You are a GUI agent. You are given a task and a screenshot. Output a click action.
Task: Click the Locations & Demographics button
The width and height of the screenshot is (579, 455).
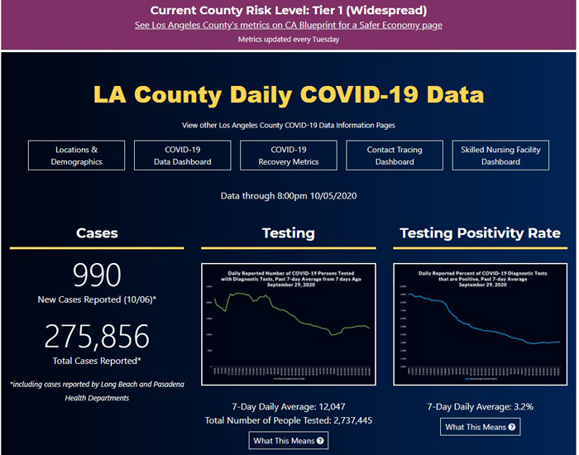[x=77, y=156]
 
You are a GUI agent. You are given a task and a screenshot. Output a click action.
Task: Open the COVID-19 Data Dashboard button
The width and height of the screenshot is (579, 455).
[x=183, y=156]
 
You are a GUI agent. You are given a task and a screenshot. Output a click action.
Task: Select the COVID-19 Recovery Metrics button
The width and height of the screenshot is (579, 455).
[x=289, y=156]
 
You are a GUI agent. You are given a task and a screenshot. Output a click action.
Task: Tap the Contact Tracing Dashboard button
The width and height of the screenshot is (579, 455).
[x=395, y=156]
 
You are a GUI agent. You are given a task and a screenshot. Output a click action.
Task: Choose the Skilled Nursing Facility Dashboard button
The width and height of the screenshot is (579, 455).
[x=500, y=156]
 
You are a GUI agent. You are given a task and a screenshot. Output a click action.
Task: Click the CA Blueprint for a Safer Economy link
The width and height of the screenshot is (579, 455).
[x=289, y=25]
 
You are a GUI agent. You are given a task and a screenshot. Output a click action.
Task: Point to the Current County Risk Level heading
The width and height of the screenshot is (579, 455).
[x=289, y=11]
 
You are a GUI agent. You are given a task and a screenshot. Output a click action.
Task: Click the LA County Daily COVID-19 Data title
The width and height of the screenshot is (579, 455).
[x=289, y=93]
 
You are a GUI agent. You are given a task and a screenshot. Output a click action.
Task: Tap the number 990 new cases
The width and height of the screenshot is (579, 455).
[x=97, y=275]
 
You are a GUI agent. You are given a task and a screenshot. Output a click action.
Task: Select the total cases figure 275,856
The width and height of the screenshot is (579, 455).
[x=97, y=337]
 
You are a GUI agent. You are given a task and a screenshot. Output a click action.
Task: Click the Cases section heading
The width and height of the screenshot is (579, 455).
[x=97, y=233]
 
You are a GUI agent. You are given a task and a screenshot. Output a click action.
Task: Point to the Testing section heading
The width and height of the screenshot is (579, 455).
[x=288, y=233]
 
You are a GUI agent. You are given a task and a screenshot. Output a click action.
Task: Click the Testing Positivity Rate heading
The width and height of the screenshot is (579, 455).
[x=480, y=233]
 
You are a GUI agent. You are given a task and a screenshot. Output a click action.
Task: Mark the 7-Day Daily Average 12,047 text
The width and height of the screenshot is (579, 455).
[x=288, y=406]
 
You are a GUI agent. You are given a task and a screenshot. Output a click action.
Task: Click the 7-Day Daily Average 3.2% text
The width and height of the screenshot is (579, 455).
[x=480, y=406]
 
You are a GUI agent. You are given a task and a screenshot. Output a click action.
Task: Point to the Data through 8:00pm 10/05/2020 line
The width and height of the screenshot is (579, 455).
[x=289, y=196]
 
